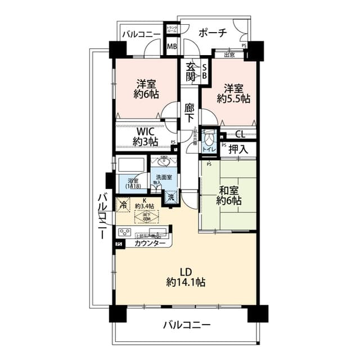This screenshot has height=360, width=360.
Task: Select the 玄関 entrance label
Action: coord(192,70)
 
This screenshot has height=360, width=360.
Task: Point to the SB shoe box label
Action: coord(205,70)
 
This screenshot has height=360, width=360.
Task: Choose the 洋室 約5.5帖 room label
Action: coord(233,93)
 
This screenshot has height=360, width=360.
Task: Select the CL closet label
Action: coord(240,134)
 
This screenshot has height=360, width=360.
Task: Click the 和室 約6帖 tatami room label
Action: coord(229,195)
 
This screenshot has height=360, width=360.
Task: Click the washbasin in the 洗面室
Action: coord(164,161)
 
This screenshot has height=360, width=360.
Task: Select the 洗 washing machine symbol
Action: coord(170,197)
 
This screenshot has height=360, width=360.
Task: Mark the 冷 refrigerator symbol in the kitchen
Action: coord(123,205)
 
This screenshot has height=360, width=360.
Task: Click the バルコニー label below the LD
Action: coord(187,325)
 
